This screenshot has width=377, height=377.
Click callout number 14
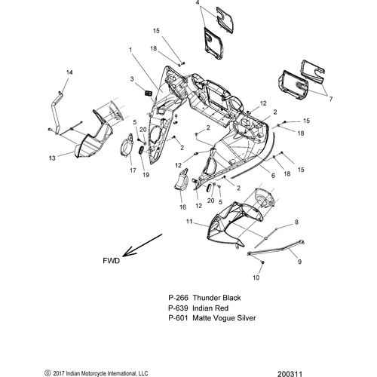69,72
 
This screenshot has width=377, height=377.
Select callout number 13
52,158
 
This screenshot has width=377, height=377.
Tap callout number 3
132,79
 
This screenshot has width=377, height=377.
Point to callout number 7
331,100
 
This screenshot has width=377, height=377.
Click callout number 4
198,3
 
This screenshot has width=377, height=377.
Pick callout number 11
189,222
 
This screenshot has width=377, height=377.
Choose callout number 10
256,277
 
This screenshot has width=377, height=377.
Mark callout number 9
299,262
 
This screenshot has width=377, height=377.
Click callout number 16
182,207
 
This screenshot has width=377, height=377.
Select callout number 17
133,170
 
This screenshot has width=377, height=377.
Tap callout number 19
146,175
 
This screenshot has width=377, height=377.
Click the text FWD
112,261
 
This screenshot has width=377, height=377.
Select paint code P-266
178,298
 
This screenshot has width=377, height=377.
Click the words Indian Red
210,308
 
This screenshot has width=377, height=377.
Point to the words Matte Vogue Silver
224,318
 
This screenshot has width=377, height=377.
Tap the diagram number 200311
290,374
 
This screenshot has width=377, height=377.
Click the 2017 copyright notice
97,373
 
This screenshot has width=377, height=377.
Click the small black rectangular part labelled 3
148,93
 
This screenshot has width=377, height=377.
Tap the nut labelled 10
262,262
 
